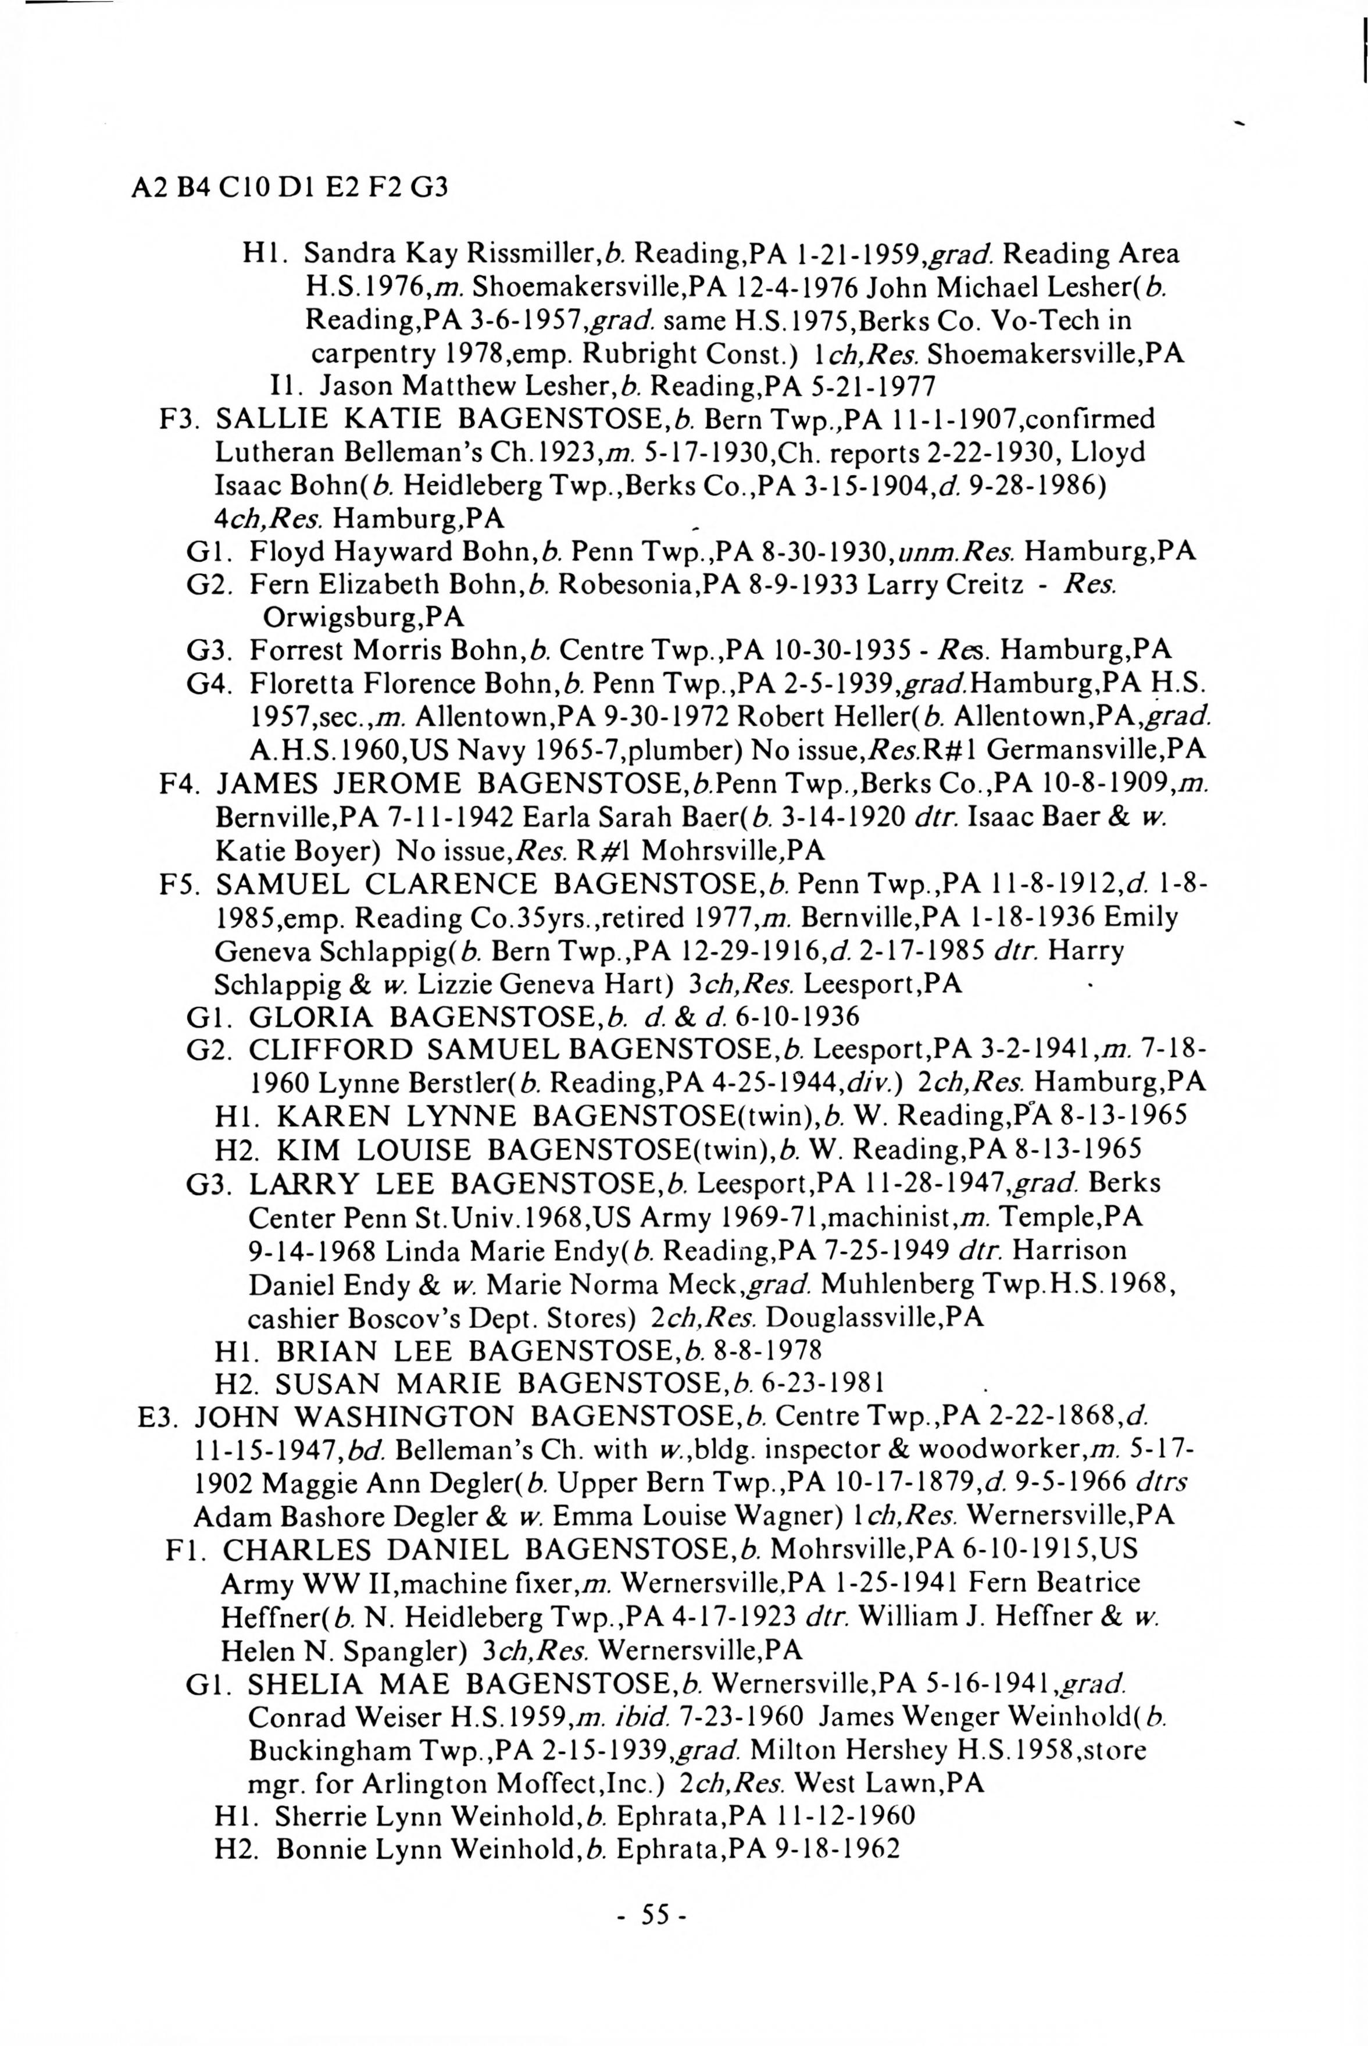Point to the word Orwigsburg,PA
(x=363, y=618)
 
